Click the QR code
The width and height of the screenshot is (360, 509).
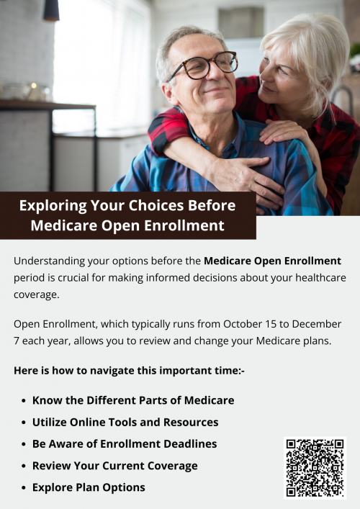[x=315, y=467]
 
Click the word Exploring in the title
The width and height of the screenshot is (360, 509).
[x=53, y=205]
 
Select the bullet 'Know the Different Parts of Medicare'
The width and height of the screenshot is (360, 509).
[x=132, y=400]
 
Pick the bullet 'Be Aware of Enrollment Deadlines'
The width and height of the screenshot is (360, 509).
[x=124, y=443]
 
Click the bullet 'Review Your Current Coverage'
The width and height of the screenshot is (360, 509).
[x=114, y=466]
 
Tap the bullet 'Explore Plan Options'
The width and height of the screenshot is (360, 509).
[x=88, y=487]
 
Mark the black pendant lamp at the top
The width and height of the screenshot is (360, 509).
[x=50, y=9]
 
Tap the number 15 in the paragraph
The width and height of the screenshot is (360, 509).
[x=274, y=325]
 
